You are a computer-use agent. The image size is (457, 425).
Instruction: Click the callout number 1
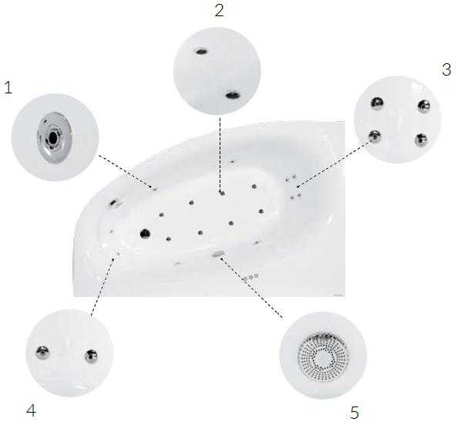click(8, 87)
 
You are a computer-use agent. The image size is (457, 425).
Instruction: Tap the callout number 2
click(220, 10)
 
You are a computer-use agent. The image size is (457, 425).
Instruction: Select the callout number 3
click(446, 69)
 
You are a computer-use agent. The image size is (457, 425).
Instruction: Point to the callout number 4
click(31, 410)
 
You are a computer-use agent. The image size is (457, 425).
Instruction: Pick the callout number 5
click(354, 413)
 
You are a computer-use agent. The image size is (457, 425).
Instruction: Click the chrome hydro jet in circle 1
click(55, 137)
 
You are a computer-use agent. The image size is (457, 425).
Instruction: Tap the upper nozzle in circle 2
click(201, 52)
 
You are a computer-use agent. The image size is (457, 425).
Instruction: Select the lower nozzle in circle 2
click(233, 95)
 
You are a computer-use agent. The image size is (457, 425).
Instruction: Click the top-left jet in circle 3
click(377, 103)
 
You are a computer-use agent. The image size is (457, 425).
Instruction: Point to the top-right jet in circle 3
click(424, 106)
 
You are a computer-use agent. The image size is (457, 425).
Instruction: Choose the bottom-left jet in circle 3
click(375, 136)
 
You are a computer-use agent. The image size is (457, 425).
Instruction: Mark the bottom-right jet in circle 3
click(421, 140)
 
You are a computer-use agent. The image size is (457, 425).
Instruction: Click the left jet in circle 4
click(42, 352)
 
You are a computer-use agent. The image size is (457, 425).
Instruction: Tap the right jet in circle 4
click(91, 356)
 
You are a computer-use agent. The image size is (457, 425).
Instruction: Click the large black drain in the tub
click(145, 234)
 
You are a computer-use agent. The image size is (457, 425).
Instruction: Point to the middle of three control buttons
click(250, 277)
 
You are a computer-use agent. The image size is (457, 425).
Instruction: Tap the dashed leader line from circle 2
click(220, 154)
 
